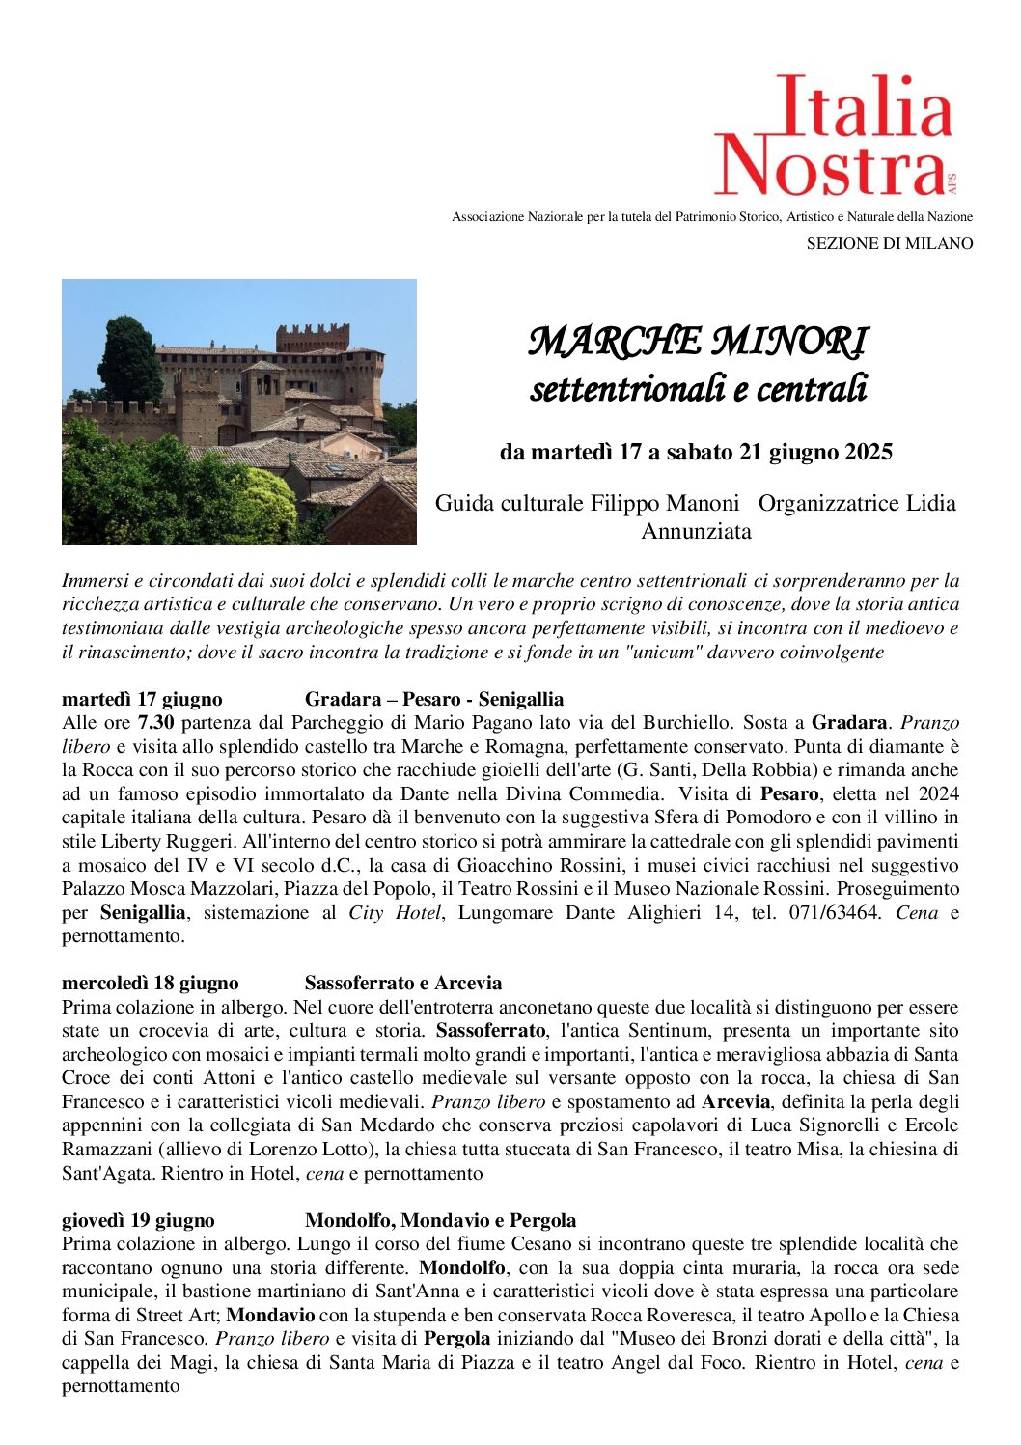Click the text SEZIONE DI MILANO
coord(889,244)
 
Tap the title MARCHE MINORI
coord(698,341)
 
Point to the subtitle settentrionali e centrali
coord(698,388)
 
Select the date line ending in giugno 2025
coord(696,452)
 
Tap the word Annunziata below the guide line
coord(696,531)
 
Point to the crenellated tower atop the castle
coord(313,337)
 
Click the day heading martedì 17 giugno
coord(142,699)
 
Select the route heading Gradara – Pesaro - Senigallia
coord(434,699)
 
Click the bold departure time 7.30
coord(156,723)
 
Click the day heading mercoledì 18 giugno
coord(150,984)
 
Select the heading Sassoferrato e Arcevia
coord(403,984)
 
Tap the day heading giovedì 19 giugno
coord(138,1220)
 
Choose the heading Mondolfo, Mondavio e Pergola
coord(440,1220)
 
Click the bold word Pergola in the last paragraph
coord(457,1339)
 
